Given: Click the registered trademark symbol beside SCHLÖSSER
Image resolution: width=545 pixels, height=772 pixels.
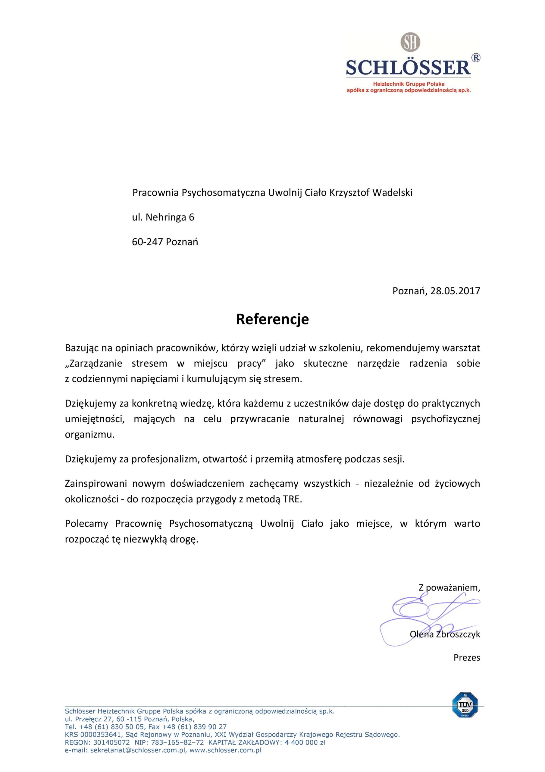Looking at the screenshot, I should click(476, 58).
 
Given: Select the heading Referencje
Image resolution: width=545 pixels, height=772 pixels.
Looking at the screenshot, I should click(272, 319).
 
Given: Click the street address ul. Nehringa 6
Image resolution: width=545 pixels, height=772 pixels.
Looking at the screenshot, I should click(163, 217).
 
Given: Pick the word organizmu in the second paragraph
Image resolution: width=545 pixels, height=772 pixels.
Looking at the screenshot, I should click(89, 435).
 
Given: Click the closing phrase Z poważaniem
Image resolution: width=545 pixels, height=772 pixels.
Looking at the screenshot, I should click(449, 588).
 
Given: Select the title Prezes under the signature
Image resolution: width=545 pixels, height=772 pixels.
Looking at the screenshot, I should click(467, 658).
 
